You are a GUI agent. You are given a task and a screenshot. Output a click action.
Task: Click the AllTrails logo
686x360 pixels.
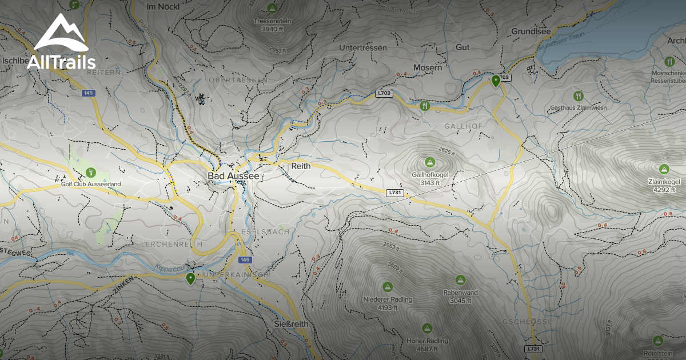pyautogui.click(x=60, y=43)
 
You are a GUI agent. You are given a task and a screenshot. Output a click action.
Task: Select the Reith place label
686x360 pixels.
pyautogui.click(x=301, y=166)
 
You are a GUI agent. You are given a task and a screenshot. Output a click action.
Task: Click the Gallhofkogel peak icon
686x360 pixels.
pyautogui.click(x=429, y=162)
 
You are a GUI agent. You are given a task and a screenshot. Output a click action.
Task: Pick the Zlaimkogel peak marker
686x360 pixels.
pyautogui.click(x=664, y=169)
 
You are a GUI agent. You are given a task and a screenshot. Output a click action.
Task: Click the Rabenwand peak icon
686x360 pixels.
pyautogui.click(x=460, y=280)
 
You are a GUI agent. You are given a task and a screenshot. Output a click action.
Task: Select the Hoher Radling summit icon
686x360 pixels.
pyautogui.click(x=426, y=328)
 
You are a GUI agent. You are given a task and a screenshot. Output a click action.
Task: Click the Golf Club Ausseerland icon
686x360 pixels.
pyautogui.click(x=90, y=171)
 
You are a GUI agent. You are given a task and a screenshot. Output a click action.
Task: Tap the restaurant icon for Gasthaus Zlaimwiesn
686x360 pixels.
pyautogui.click(x=578, y=95)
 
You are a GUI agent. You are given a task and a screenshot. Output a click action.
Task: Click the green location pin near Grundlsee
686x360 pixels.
pyautogui.click(x=496, y=81)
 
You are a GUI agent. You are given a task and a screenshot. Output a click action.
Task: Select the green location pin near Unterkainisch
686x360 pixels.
pyautogui.click(x=190, y=278)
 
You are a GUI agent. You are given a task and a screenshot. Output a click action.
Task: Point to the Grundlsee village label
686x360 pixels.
pyautogui.click(x=531, y=31)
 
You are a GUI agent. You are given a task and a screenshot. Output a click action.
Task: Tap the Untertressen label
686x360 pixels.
pyautogui.click(x=363, y=47)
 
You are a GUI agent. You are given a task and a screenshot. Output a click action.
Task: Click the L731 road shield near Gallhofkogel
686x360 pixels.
pyautogui.click(x=394, y=193)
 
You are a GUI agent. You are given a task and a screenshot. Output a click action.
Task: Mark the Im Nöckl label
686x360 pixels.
pyautogui.click(x=160, y=7)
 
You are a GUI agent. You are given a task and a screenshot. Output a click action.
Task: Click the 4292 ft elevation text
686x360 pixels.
pyautogui.click(x=664, y=190)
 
